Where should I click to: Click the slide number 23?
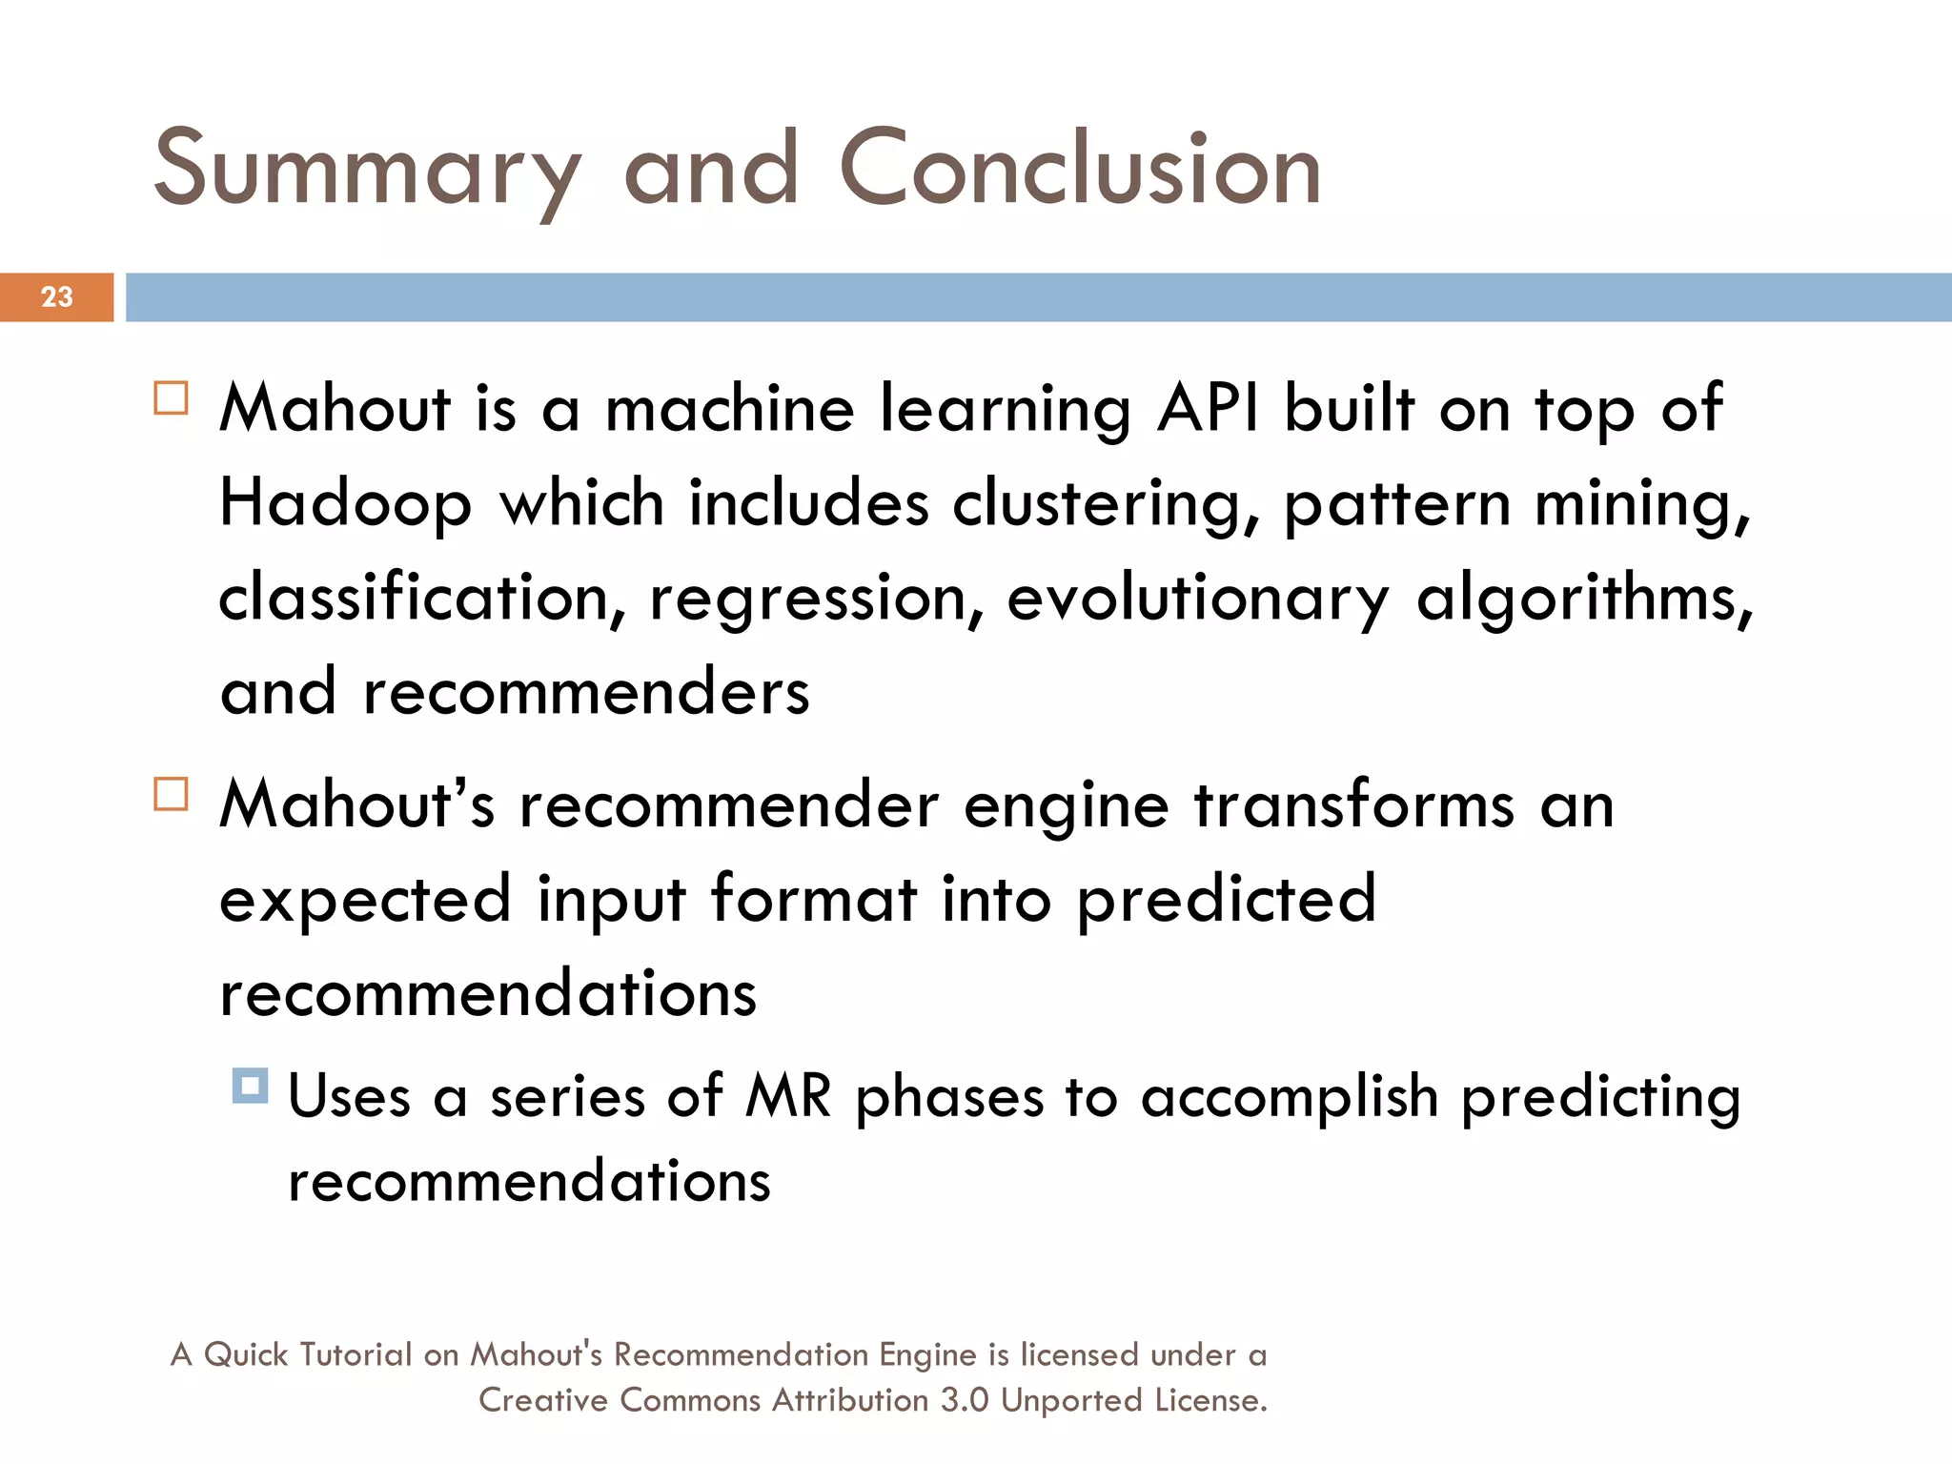tap(57, 297)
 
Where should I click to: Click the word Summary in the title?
tap(367, 172)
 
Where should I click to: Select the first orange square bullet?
tap(172, 397)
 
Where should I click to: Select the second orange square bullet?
tap(172, 793)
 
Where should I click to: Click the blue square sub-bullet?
tap(250, 1086)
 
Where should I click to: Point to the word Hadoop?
tap(345, 505)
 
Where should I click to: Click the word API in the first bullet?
tap(1207, 410)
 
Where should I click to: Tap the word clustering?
tap(1106, 505)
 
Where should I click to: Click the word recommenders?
tap(586, 693)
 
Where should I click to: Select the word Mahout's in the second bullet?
tap(357, 805)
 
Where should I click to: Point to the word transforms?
tap(1353, 805)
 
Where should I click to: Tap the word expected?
tap(366, 901)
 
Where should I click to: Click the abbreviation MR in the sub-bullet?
tap(788, 1096)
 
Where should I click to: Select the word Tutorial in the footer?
tap(355, 1354)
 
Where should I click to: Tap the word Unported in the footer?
tap(1072, 1401)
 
